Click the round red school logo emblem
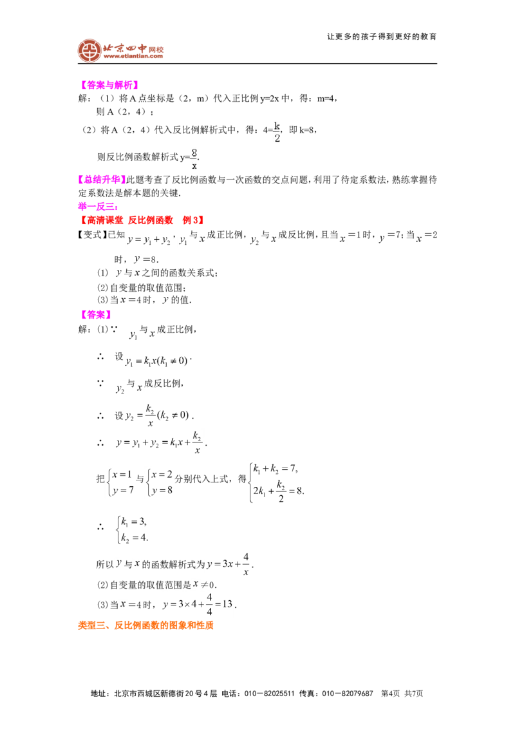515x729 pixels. (x=89, y=51)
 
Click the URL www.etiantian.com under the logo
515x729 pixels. (x=133, y=56)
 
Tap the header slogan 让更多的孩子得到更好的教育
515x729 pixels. (x=382, y=37)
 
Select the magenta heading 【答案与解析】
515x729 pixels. (x=109, y=85)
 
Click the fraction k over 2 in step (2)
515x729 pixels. (x=277, y=132)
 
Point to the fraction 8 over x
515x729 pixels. (x=194, y=159)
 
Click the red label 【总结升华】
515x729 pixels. (x=101, y=180)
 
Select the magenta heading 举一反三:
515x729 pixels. (x=98, y=207)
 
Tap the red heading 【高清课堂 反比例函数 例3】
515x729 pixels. (x=141, y=220)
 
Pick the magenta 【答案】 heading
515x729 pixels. (x=96, y=315)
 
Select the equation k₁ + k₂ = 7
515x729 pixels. (x=275, y=469)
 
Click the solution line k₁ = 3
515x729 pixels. (x=133, y=522)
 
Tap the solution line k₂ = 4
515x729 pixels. (x=134, y=538)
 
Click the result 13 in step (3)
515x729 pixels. (x=227, y=604)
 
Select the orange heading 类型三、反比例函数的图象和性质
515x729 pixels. (x=145, y=625)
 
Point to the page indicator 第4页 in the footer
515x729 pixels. (x=390, y=694)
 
